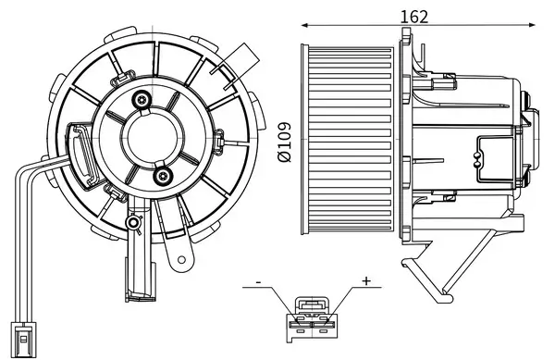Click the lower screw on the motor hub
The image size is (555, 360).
[163, 176]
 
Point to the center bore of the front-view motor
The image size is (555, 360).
[154, 137]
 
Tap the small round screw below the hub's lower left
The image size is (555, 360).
[135, 221]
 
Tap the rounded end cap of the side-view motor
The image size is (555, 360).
[529, 139]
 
